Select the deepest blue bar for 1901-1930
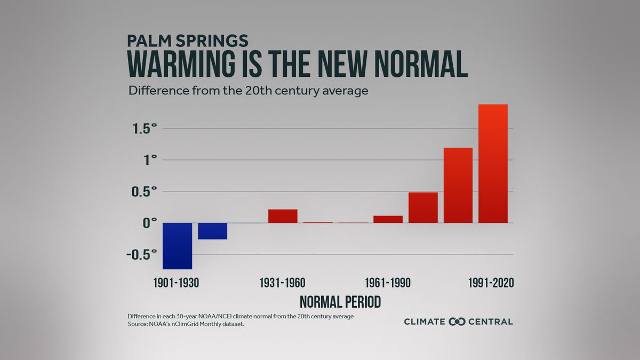coord(177,246)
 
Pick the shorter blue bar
coord(212,231)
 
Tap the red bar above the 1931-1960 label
coord(283,216)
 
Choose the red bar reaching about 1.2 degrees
coord(458,185)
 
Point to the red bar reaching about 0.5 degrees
coord(423,207)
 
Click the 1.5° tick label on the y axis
coord(142,129)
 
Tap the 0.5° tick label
coord(142,191)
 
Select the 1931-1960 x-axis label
coord(283,283)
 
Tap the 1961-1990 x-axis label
coord(388,283)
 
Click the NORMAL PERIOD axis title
coord(340,302)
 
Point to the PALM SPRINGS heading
coord(188,41)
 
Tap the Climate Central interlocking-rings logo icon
coord(457,322)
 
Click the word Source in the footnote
coord(137,324)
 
